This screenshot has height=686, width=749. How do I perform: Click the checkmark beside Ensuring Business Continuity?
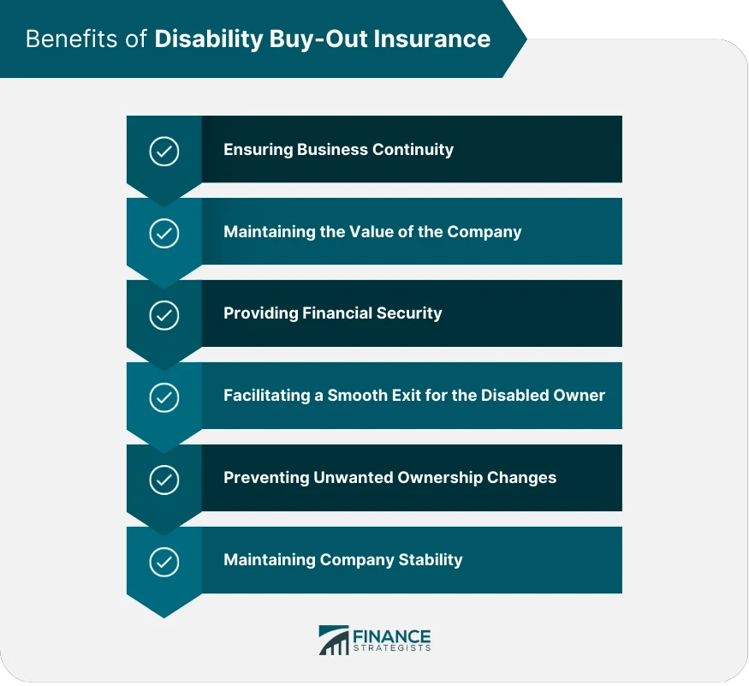point(163,152)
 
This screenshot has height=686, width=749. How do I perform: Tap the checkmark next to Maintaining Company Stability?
point(163,562)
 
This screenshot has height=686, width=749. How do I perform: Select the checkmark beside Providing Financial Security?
point(163,315)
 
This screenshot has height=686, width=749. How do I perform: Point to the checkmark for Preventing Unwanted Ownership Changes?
point(163,480)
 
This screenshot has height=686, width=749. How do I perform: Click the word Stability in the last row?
point(431,560)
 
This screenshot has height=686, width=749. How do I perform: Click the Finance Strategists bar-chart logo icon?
point(333,640)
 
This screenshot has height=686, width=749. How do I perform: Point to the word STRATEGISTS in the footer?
point(391,649)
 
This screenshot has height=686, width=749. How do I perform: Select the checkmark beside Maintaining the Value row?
point(163,234)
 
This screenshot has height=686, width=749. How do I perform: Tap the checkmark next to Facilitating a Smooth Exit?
point(163,397)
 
